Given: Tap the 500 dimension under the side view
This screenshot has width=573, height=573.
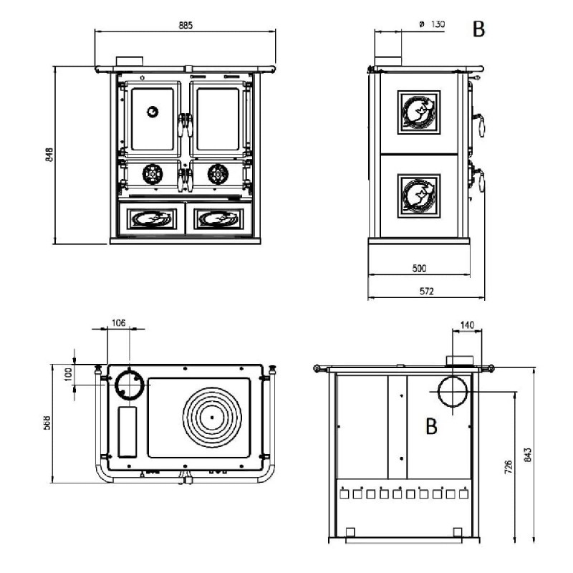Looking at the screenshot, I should tap(420, 269).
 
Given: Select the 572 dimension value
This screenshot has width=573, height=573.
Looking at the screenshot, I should tap(427, 292).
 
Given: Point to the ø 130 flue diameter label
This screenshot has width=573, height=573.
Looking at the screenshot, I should tap(433, 24).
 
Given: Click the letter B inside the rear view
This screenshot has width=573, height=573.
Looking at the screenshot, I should tap(431, 426).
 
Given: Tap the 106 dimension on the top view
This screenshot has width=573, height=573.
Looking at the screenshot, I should tap(119, 323).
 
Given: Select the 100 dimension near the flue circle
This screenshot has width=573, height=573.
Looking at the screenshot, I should tap(67, 375).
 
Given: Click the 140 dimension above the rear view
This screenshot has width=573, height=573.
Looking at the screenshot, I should tap(466, 325).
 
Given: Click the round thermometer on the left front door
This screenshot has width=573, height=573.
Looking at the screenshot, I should tap(152, 111).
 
